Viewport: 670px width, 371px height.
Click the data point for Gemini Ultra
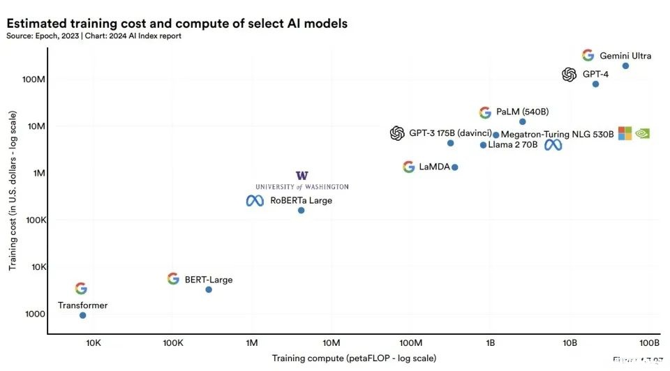(x=625, y=66)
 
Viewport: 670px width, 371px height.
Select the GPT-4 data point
(x=595, y=84)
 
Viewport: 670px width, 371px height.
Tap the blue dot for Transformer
(x=83, y=315)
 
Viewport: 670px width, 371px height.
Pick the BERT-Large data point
(x=209, y=289)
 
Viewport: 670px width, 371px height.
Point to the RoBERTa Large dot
(x=301, y=210)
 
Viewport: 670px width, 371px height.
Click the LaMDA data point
(x=455, y=167)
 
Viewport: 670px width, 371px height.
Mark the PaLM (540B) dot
(x=523, y=121)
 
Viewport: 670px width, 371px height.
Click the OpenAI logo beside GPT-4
(x=569, y=75)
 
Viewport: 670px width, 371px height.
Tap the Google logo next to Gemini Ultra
(x=588, y=56)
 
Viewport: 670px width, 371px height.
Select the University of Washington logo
(x=301, y=180)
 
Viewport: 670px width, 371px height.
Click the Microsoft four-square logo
(x=625, y=133)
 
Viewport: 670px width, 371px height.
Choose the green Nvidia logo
(x=643, y=133)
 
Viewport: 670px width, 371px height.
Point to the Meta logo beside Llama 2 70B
(x=553, y=145)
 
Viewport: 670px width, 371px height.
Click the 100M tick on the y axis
(x=34, y=79)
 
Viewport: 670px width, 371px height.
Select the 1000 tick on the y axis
(x=36, y=314)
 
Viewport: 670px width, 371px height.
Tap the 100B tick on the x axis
(x=649, y=343)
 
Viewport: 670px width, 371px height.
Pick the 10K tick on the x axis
(x=93, y=343)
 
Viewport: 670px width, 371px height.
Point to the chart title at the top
(x=177, y=24)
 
